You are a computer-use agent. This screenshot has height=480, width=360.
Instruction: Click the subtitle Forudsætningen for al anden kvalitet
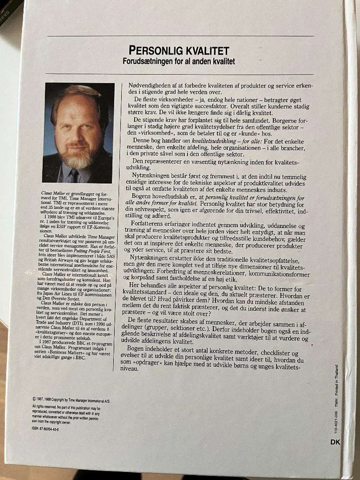179,61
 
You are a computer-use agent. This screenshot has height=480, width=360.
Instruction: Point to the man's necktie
74,176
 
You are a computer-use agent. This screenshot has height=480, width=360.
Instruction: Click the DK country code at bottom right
336,442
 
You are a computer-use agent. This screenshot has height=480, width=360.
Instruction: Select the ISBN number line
46,429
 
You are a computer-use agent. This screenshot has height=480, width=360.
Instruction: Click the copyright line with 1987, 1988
71,400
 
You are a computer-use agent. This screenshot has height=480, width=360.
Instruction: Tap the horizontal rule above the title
180,36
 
